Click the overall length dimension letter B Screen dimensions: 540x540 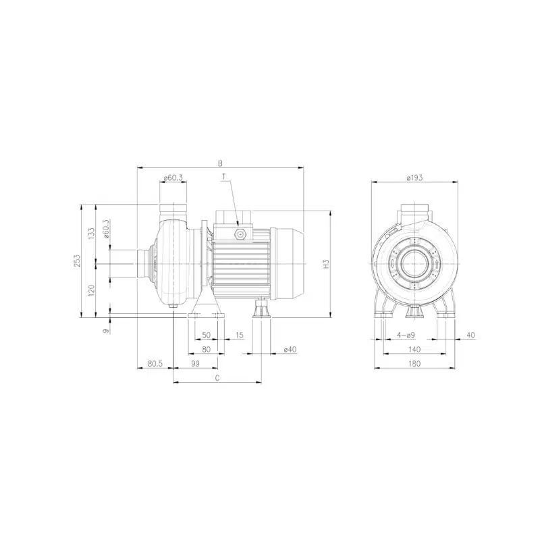tap(221, 163)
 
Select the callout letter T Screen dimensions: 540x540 tap(224, 177)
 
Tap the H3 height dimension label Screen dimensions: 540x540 tap(327, 264)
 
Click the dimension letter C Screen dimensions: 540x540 tap(217, 378)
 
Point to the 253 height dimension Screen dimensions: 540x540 tap(77, 261)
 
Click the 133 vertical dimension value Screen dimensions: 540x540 tap(91, 234)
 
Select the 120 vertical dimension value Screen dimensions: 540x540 tap(91, 291)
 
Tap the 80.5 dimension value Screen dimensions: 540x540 tap(155, 363)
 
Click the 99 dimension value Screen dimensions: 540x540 tap(195, 363)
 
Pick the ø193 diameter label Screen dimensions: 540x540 tap(414, 178)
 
